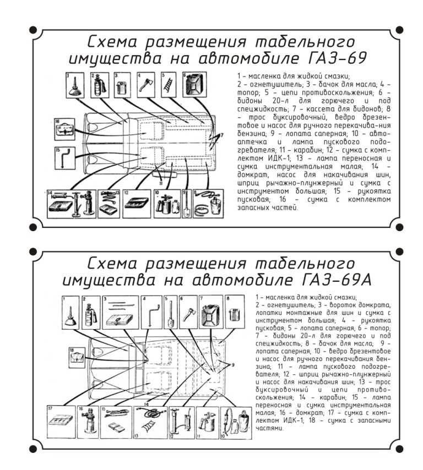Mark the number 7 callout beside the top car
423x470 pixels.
(x=223, y=134)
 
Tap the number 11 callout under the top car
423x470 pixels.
(x=160, y=182)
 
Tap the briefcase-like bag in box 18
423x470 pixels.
(x=78, y=358)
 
